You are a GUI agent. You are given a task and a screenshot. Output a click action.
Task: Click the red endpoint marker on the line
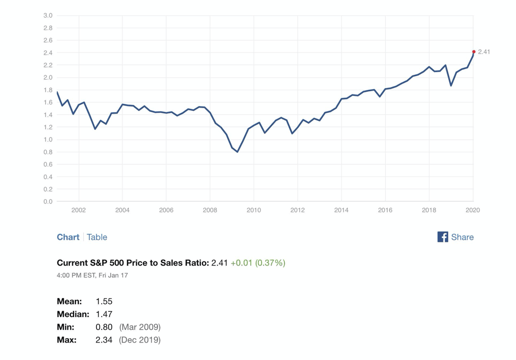pyautogui.click(x=474, y=52)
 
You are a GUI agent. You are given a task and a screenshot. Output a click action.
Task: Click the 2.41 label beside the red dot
pyautogui.click(x=484, y=52)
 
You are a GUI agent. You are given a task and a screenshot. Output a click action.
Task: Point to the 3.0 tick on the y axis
pyautogui.click(x=48, y=15)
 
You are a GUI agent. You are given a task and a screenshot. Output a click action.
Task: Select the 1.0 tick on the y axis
pyautogui.click(x=48, y=139)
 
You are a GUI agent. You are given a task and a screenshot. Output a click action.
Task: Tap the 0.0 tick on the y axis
pyautogui.click(x=48, y=201)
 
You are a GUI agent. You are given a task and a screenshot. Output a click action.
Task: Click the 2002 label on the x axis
pyautogui.click(x=78, y=210)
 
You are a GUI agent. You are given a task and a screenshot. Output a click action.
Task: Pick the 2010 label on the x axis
pyautogui.click(x=254, y=210)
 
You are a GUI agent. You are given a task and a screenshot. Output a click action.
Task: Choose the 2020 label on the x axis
pyautogui.click(x=473, y=210)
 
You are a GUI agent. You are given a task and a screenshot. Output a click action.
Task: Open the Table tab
pyautogui.click(x=97, y=237)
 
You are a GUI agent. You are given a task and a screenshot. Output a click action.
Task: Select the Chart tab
pyautogui.click(x=68, y=237)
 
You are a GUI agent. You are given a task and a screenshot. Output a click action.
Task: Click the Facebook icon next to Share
pyautogui.click(x=443, y=237)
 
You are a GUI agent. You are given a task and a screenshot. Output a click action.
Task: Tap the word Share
pyautogui.click(x=462, y=237)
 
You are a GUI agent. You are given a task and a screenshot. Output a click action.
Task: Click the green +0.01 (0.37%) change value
pyautogui.click(x=257, y=262)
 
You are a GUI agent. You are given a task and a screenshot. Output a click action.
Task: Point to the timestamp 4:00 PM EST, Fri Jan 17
pyautogui.click(x=92, y=275)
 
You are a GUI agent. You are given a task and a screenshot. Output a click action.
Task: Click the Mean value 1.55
pyautogui.click(x=104, y=301)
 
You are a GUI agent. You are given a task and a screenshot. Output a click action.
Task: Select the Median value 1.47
pyautogui.click(x=104, y=314)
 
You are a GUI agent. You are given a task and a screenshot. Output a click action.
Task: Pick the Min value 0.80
pyautogui.click(x=104, y=327)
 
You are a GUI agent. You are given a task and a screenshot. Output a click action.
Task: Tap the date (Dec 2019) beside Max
pyautogui.click(x=139, y=339)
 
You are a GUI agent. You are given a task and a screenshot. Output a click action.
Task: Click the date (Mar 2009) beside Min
pyautogui.click(x=139, y=327)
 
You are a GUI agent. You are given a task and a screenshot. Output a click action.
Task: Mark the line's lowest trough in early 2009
pyautogui.click(x=237, y=152)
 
